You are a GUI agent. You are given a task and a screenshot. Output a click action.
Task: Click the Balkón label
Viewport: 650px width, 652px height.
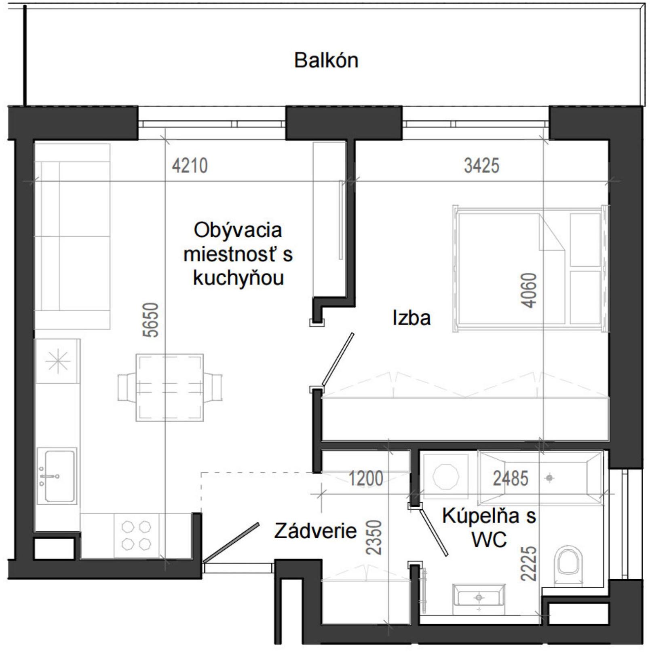(x=326, y=60)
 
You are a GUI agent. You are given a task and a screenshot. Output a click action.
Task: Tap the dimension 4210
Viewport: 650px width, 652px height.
(x=190, y=166)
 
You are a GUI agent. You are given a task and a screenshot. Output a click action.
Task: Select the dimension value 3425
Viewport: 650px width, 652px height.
(x=481, y=166)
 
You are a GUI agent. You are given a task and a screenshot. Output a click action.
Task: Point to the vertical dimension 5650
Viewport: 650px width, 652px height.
(x=151, y=320)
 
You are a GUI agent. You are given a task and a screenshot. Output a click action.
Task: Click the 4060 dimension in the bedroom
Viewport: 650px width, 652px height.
(x=529, y=290)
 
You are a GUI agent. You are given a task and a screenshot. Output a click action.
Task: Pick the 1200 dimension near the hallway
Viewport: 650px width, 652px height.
(x=366, y=479)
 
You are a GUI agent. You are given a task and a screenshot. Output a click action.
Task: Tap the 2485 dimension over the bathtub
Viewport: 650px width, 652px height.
(x=510, y=479)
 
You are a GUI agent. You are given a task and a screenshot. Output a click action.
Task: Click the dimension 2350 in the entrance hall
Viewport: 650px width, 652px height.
(x=374, y=537)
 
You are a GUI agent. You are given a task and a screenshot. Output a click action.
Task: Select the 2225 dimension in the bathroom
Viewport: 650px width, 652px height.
(x=528, y=563)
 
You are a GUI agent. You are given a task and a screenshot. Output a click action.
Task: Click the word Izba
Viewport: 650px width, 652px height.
(x=411, y=318)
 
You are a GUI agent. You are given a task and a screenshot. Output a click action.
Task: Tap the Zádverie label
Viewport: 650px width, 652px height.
(x=315, y=531)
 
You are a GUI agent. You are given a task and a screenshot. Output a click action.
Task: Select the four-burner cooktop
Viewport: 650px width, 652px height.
(x=136, y=535)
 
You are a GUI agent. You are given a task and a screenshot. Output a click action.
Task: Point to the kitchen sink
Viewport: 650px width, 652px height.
(x=57, y=476)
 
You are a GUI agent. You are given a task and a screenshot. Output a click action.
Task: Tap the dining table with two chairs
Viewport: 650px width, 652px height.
(x=170, y=387)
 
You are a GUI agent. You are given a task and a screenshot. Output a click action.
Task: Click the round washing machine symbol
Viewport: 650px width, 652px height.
(x=445, y=476)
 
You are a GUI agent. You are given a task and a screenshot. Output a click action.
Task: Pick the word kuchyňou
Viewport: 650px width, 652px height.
(x=238, y=278)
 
